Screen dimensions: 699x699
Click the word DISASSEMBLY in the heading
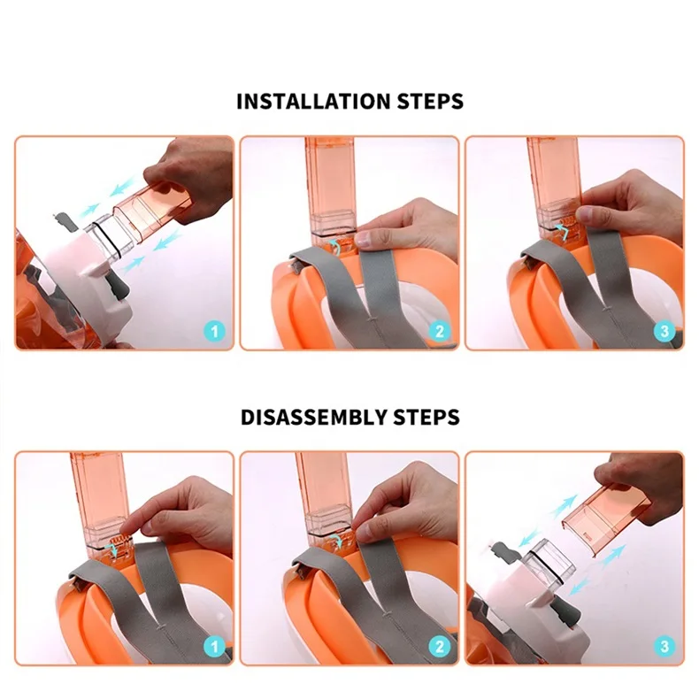point(313,418)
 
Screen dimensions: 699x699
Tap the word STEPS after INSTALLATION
point(430,101)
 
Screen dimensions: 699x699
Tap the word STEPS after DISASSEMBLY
point(426,418)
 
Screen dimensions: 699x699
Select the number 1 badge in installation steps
point(214,332)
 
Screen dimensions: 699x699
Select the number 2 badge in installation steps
point(440,332)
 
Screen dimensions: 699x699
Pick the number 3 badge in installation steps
point(664,332)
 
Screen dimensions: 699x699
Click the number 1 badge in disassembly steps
point(214,647)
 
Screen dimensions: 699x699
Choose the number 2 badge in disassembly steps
point(440,647)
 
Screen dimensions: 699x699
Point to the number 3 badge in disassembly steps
point(664,647)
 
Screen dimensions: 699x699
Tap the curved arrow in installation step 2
point(334,245)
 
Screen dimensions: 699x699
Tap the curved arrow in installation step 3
point(563,231)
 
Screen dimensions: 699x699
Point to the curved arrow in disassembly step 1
point(112,548)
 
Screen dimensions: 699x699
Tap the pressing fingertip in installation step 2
point(364,239)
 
